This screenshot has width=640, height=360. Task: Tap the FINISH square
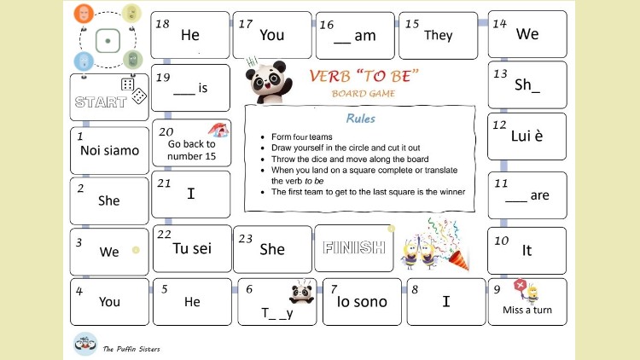point(353,248)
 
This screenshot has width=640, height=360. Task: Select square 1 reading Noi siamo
point(109,151)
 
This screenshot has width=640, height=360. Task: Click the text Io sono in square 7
point(362,301)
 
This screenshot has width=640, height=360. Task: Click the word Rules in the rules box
point(360,119)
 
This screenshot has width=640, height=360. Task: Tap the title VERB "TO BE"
point(364,76)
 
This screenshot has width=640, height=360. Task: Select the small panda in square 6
point(300,293)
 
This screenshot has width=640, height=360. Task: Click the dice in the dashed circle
point(107,40)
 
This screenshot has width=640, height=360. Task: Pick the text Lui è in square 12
point(527,136)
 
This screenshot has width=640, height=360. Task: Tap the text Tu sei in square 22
point(191,248)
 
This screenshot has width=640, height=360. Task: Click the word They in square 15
point(438,36)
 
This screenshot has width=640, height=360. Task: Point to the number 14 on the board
point(500,24)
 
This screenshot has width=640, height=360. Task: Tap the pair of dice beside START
point(133,90)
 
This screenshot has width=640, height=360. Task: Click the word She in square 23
point(271,250)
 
